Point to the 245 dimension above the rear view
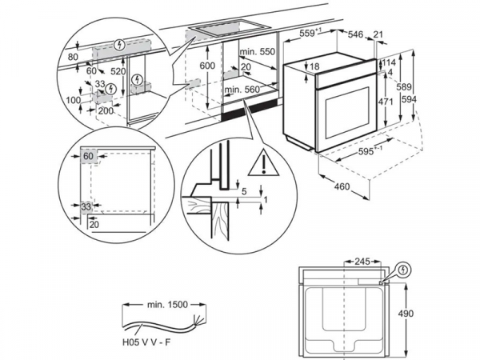tap(363, 261)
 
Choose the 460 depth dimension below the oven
tap(342, 187)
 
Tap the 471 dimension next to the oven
tap(386, 102)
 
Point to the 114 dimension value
tap(388, 62)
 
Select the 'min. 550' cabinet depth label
tap(257, 51)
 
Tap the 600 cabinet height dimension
tap(208, 66)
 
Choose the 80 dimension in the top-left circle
tap(73, 58)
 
